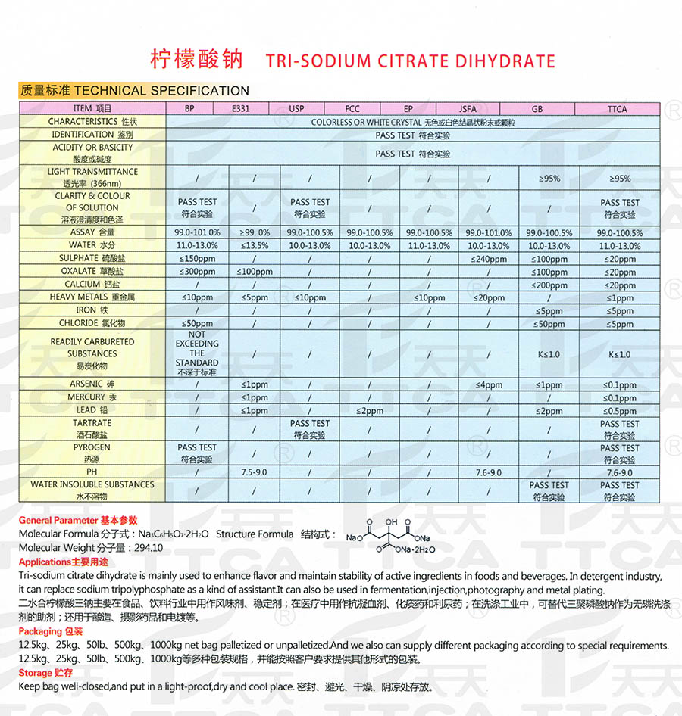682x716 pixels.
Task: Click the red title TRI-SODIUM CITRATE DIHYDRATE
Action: tap(411, 61)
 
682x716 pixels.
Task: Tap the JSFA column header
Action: tap(468, 109)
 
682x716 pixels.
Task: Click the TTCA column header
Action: tap(617, 109)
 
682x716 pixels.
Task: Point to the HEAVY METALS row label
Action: tap(89, 297)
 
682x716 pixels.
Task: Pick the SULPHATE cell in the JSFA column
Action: tap(488, 259)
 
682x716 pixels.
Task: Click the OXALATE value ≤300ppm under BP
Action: tap(198, 272)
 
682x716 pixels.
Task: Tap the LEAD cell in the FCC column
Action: tap(369, 411)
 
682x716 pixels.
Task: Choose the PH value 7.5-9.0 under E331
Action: tap(254, 472)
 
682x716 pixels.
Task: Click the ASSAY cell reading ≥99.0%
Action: tap(254, 233)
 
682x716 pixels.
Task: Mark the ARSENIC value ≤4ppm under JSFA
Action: tap(488, 385)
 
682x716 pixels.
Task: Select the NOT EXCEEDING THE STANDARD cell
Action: tap(197, 353)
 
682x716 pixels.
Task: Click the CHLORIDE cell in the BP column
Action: tap(198, 324)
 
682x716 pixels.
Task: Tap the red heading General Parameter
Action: tap(58, 521)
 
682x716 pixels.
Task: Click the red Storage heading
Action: tap(36, 673)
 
